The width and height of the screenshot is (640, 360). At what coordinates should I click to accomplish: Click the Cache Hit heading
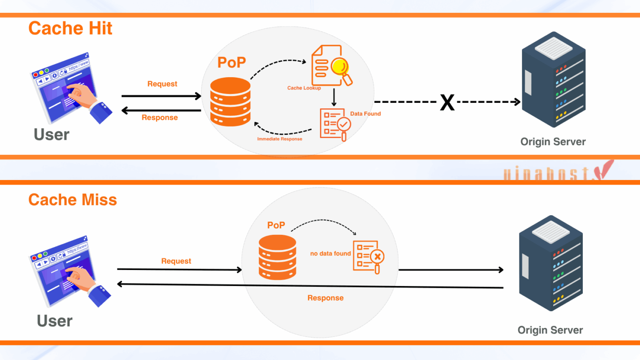click(x=70, y=28)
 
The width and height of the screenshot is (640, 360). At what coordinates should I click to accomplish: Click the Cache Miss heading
click(x=73, y=200)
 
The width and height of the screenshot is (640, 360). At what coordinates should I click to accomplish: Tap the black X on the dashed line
click(x=447, y=102)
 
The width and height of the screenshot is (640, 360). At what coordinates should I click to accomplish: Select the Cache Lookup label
click(x=304, y=88)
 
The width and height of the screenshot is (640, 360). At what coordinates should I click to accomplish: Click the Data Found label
click(x=365, y=113)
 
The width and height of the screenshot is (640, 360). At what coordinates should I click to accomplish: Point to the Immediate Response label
click(x=279, y=139)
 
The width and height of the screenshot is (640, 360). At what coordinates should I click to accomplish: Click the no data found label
click(x=331, y=254)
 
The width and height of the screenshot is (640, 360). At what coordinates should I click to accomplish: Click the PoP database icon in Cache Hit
click(x=230, y=101)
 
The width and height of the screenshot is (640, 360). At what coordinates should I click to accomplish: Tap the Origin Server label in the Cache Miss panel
click(x=550, y=330)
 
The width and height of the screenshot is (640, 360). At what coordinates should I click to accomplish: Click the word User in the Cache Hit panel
click(x=52, y=135)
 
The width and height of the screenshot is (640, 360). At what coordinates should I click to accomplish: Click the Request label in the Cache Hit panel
click(x=162, y=84)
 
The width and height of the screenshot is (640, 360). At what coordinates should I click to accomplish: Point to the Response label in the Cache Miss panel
click(x=325, y=298)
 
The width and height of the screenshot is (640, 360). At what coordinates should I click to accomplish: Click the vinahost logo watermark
click(x=557, y=172)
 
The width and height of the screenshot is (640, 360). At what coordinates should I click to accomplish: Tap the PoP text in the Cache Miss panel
click(x=276, y=225)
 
